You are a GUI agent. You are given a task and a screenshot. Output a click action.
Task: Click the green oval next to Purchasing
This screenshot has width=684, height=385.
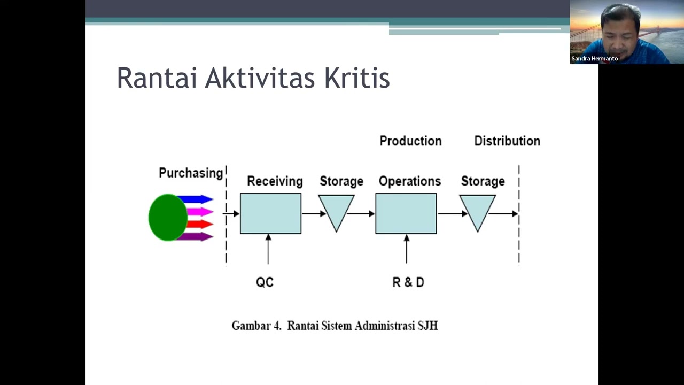167,218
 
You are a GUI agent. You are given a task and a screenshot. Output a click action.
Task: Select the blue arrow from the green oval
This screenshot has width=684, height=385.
197,199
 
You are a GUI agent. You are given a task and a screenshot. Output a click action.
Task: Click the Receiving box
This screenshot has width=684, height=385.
270,214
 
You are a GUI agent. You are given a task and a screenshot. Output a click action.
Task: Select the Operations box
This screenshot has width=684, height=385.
406,214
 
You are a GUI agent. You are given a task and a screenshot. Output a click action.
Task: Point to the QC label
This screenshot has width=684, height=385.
265,282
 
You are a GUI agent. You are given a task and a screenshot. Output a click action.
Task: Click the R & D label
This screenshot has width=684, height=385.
408,282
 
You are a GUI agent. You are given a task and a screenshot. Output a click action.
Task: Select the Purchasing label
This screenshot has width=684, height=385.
191,173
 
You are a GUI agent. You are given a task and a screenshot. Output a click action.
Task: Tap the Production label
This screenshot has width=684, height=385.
410,141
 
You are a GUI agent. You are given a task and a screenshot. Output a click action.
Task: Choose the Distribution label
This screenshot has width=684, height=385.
507,141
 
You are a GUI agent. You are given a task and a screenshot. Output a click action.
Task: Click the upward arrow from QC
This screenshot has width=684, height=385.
268,249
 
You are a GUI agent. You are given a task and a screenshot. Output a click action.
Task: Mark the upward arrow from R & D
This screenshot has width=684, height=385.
407,249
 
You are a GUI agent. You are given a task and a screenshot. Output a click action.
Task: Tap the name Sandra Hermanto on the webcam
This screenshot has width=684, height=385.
594,59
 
